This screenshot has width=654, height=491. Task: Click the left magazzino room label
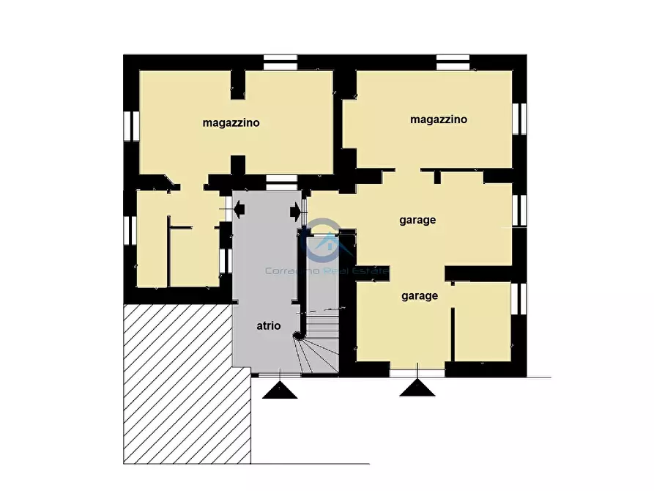point(231,123)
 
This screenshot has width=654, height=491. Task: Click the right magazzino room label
point(439,119)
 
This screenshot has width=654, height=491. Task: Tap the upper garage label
point(417,220)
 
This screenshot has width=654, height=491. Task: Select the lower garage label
point(420,296)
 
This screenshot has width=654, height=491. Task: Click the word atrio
point(269,325)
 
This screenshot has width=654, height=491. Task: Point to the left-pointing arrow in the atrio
point(239,209)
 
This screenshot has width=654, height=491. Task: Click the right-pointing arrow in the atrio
point(295,212)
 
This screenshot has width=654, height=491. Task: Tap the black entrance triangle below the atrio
point(280,391)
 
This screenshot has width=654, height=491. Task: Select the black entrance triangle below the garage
point(417,388)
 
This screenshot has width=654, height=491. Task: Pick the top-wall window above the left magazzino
point(280,62)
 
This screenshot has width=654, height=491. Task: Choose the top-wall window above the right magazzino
point(453,62)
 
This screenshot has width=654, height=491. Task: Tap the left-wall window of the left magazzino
point(131,126)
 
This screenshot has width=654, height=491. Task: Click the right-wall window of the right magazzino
point(519,119)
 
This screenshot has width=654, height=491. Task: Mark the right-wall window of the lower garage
point(519,299)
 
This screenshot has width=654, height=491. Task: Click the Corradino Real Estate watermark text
point(327,271)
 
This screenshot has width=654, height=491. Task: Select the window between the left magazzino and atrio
point(281,183)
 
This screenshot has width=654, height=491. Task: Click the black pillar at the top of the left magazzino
point(238,85)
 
